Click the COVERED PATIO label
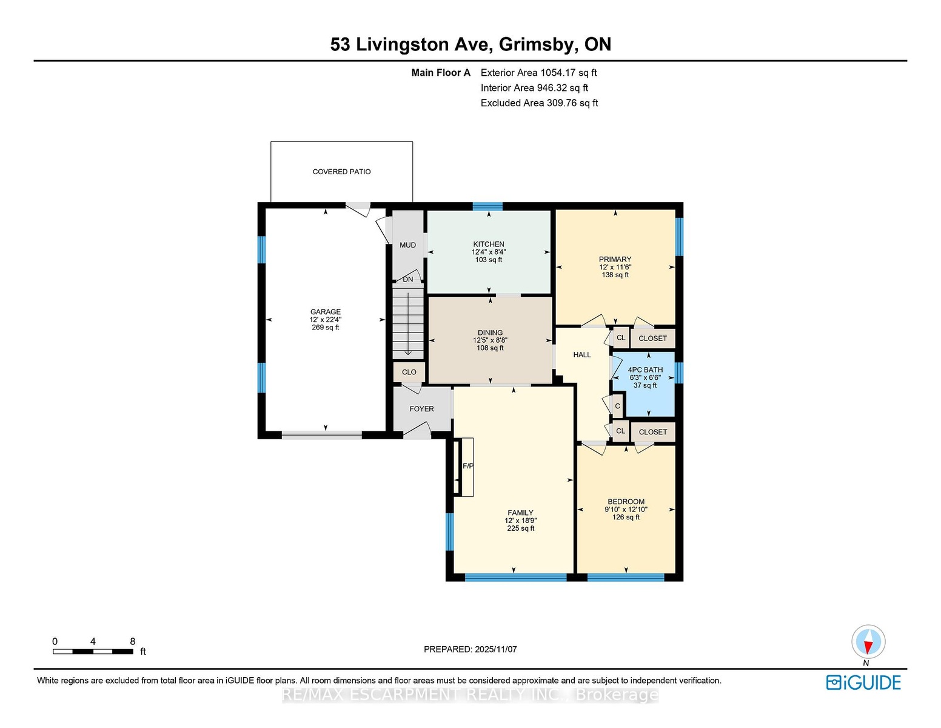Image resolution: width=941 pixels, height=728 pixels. click(x=341, y=172)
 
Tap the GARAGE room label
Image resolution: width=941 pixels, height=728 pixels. click(x=325, y=312)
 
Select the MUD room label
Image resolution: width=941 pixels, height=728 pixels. click(x=407, y=245)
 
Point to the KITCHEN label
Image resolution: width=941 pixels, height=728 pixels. click(x=489, y=244)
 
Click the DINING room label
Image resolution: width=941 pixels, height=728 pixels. click(x=490, y=332)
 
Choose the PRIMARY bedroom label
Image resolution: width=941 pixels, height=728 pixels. click(x=615, y=260)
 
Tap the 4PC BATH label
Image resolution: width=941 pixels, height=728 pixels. click(x=645, y=370)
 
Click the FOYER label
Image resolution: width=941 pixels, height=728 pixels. click(x=422, y=409)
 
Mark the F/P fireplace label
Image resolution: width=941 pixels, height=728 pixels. click(x=468, y=466)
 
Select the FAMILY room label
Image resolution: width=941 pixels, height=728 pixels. click(x=520, y=513)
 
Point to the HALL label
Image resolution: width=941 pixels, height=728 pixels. click(x=582, y=355)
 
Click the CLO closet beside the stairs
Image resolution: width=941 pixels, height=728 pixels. click(x=409, y=372)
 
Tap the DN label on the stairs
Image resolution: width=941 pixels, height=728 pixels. click(x=408, y=280)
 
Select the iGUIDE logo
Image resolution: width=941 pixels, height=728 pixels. click(x=863, y=682)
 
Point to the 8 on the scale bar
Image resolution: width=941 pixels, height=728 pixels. click(x=133, y=641)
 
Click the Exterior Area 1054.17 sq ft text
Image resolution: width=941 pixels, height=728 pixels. click(x=538, y=73)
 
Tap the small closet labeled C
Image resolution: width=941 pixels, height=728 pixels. click(x=617, y=406)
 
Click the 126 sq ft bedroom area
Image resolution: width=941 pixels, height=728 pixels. click(x=626, y=517)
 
